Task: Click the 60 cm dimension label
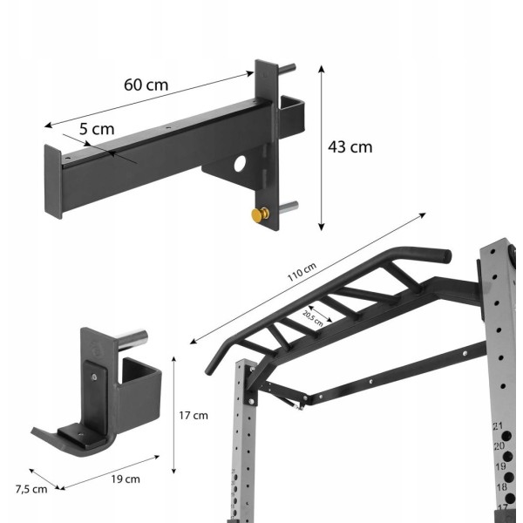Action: click(x=146, y=85)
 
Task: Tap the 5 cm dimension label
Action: click(x=97, y=129)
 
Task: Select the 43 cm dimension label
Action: click(x=350, y=147)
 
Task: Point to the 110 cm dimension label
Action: click(x=302, y=272)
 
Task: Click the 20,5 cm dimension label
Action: click(x=313, y=318)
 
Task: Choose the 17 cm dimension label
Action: click(x=194, y=415)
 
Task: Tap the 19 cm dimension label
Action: click(x=126, y=479)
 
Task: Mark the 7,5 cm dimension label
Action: click(x=31, y=489)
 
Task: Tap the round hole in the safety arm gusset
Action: click(x=240, y=164)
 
